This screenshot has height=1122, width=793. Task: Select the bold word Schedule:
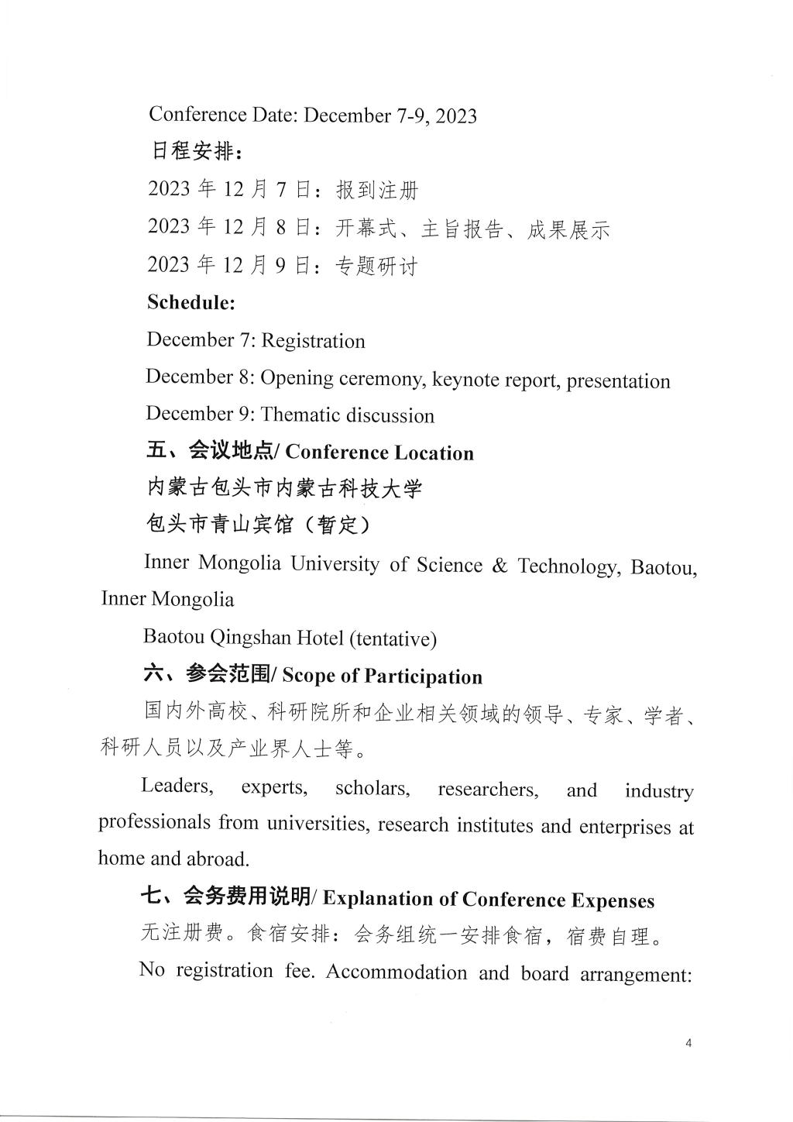(191, 302)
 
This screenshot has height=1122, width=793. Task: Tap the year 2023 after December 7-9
(455, 116)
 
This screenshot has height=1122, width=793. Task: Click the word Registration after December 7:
(313, 341)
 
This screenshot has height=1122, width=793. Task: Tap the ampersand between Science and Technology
(499, 565)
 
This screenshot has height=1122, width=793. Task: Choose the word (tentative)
(393, 638)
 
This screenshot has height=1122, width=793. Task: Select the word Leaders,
(177, 786)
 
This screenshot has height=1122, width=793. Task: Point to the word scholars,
(372, 789)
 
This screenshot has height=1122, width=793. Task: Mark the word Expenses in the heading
(613, 900)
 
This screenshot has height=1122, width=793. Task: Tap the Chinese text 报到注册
(376, 189)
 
